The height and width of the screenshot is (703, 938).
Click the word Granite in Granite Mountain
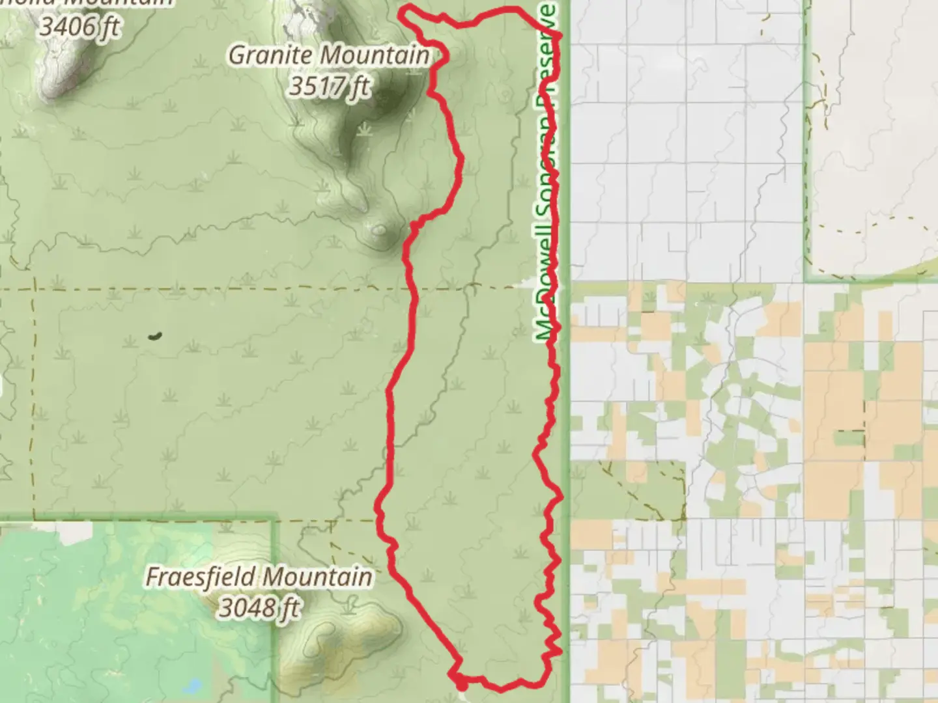(x=270, y=55)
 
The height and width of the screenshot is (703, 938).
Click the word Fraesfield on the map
(x=201, y=577)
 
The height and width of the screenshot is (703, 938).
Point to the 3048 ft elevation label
(x=259, y=608)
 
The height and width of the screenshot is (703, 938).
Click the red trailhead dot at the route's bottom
(x=461, y=684)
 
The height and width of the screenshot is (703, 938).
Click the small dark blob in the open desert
(x=154, y=336)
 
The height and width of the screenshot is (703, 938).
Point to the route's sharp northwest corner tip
(x=402, y=11)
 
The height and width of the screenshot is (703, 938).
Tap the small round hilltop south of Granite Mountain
(x=379, y=230)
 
